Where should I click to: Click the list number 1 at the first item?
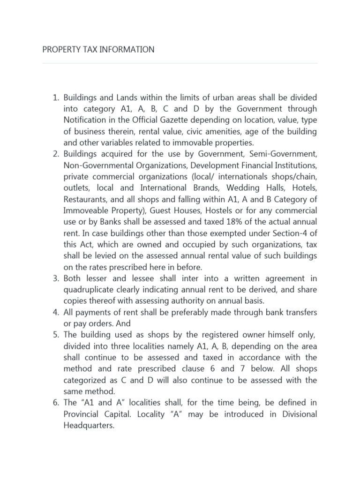54,97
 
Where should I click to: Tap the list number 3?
54,278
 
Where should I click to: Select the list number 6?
54,403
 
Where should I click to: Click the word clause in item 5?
186,368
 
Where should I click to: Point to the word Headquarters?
89,425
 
